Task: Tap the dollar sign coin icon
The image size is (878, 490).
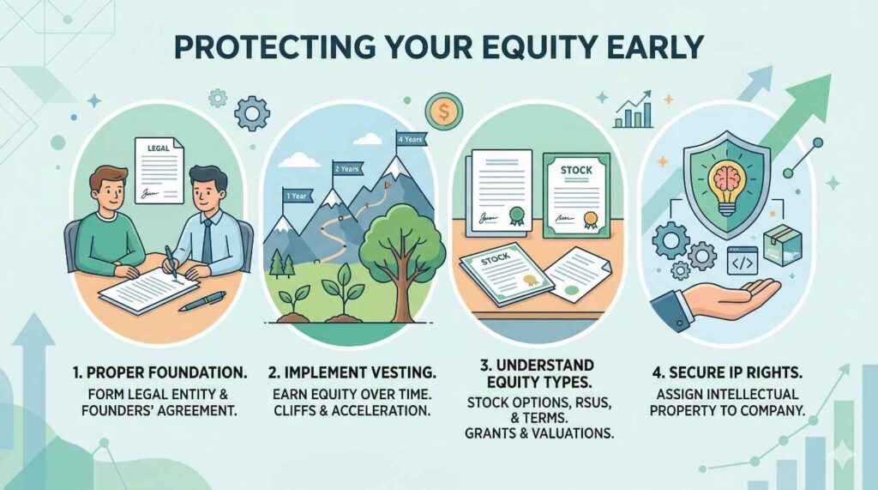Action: (443, 112)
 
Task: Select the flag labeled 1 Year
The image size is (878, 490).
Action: (297, 197)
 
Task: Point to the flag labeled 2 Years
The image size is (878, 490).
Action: (347, 168)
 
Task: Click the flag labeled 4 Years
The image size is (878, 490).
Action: (411, 138)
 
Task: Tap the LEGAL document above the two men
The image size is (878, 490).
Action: (159, 171)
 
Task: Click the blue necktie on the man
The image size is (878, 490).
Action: (207, 240)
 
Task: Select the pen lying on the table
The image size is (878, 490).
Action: (202, 301)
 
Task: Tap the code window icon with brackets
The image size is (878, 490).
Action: (742, 260)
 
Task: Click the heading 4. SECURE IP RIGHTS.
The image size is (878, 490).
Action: (727, 372)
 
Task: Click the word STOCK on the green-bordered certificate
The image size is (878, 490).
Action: (576, 170)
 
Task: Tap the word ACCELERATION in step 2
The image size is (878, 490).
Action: (381, 410)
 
